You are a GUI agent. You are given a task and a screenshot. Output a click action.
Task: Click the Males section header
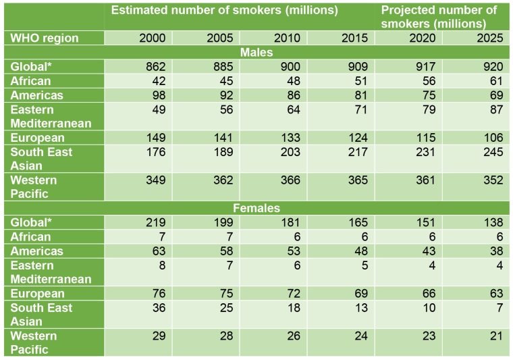pos(256,52)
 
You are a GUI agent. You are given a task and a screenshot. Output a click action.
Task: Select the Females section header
pos(256,208)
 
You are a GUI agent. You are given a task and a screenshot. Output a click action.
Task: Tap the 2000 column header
pos(152,38)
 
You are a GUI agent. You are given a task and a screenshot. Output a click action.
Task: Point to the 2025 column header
pos(489,38)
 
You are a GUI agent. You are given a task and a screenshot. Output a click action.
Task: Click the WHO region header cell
pos(45,38)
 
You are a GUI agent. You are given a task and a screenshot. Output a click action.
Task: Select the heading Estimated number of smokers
pos(224,10)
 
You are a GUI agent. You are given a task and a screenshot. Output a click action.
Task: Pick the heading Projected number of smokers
pos(439,16)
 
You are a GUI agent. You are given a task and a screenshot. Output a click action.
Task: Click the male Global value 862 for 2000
pos(152,66)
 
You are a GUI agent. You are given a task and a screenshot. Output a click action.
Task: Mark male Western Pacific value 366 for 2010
pos(287,180)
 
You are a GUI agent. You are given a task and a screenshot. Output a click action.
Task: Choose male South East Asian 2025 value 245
pos(489,152)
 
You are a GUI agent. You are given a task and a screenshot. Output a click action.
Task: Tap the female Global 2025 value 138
pos(489,222)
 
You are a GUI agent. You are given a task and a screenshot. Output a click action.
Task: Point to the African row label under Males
pos(30,80)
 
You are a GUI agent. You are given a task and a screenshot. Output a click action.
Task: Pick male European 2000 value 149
pos(152,138)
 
